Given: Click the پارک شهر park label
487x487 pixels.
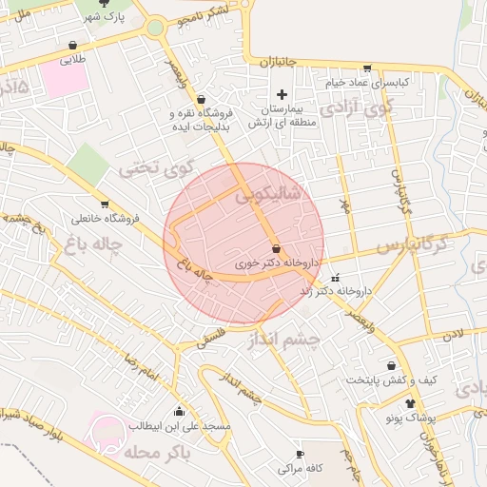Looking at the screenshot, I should (104, 18).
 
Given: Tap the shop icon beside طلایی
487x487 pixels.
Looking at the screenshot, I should (72, 45).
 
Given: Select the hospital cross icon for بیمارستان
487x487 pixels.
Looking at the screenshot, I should (282, 94).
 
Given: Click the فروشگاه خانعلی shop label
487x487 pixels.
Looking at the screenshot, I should (104, 219).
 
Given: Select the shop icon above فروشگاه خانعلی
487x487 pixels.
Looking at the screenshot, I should (105, 205).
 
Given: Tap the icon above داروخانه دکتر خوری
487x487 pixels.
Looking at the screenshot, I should (276, 247).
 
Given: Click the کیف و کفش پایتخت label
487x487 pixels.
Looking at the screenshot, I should (391, 380).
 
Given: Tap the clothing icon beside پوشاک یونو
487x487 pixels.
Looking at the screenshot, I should (410, 404).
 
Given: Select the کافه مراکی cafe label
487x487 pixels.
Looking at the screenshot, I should (302, 468).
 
